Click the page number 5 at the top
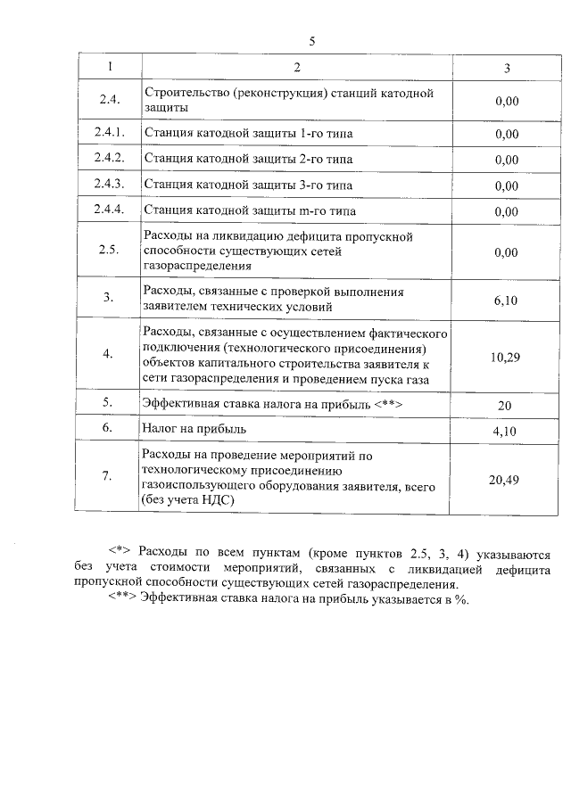click(311, 41)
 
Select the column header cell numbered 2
click(297, 68)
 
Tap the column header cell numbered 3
click(506, 68)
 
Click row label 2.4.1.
click(107, 134)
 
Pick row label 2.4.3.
click(107, 185)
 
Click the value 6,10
click(506, 301)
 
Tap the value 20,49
click(506, 481)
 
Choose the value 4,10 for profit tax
click(506, 432)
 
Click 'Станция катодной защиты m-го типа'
click(249, 211)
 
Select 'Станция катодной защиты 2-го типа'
click(248, 160)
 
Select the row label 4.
click(107, 355)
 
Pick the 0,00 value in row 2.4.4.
click(506, 212)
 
